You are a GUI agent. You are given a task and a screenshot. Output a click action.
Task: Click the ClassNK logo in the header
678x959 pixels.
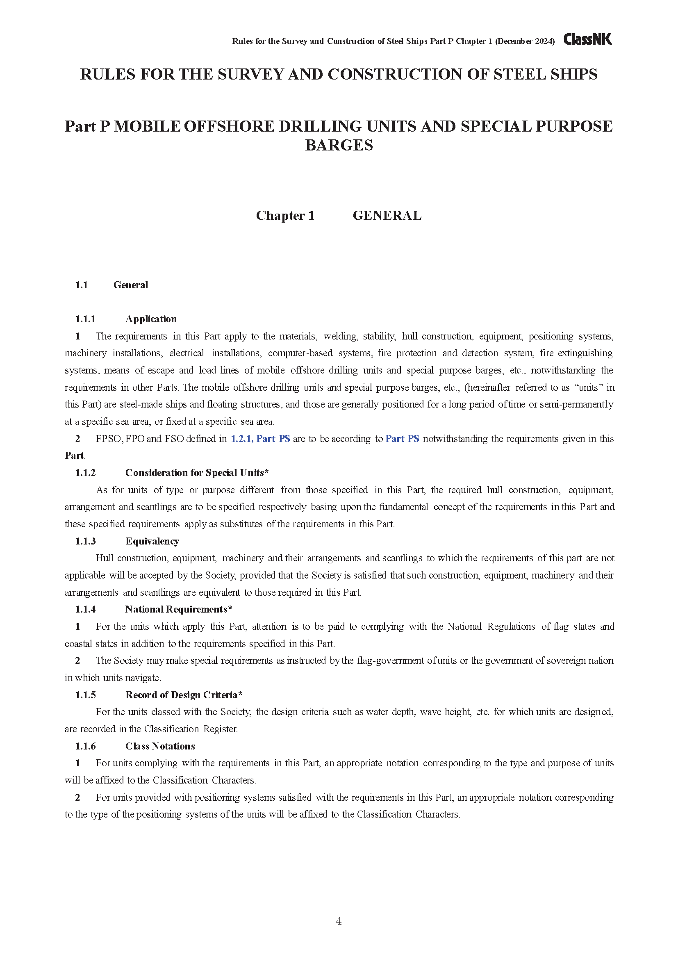click(587, 40)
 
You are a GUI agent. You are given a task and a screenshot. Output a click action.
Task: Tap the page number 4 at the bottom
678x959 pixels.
click(339, 920)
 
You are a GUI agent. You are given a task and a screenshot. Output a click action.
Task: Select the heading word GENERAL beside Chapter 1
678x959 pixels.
click(387, 216)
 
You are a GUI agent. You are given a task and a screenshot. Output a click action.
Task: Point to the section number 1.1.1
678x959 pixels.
click(85, 319)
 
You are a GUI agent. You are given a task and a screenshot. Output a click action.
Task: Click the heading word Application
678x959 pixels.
click(151, 319)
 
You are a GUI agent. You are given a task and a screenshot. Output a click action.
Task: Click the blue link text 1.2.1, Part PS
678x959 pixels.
click(260, 439)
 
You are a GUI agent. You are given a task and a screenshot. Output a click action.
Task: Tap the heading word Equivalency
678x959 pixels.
click(152, 541)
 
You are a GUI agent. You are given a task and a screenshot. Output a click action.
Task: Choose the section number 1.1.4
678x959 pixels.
click(85, 609)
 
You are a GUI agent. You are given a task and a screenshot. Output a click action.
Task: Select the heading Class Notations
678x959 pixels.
click(160, 746)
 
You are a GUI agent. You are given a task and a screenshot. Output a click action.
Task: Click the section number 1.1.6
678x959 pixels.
click(85, 746)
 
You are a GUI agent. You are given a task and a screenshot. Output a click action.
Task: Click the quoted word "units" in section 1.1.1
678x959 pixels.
click(588, 387)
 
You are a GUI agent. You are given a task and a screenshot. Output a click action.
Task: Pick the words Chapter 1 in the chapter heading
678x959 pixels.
click(285, 216)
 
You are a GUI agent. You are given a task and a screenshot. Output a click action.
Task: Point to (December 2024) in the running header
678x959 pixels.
click(525, 41)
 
